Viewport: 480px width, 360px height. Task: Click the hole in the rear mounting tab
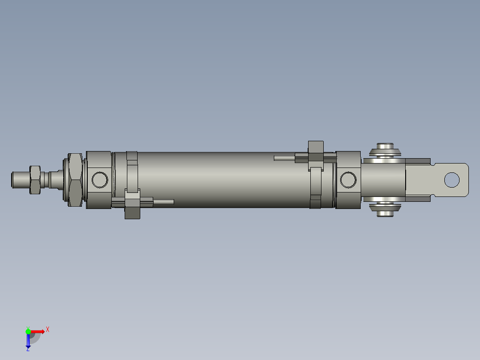[452, 180]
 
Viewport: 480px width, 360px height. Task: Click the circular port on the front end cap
[100, 180]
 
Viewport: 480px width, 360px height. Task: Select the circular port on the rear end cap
[348, 180]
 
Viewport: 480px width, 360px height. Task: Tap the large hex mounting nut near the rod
[75, 180]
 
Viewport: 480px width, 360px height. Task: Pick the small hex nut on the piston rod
[35, 180]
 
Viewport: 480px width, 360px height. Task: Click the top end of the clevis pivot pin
[386, 147]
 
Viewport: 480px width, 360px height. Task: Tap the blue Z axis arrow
[28, 341]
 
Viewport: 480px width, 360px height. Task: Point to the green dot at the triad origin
[28, 331]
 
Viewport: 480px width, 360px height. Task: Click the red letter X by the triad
[48, 330]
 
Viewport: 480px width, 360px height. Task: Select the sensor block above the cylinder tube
[316, 151]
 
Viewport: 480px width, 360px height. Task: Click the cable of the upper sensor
[284, 158]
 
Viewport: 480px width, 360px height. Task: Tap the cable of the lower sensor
[163, 202]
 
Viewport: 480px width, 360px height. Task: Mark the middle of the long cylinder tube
[223, 180]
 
